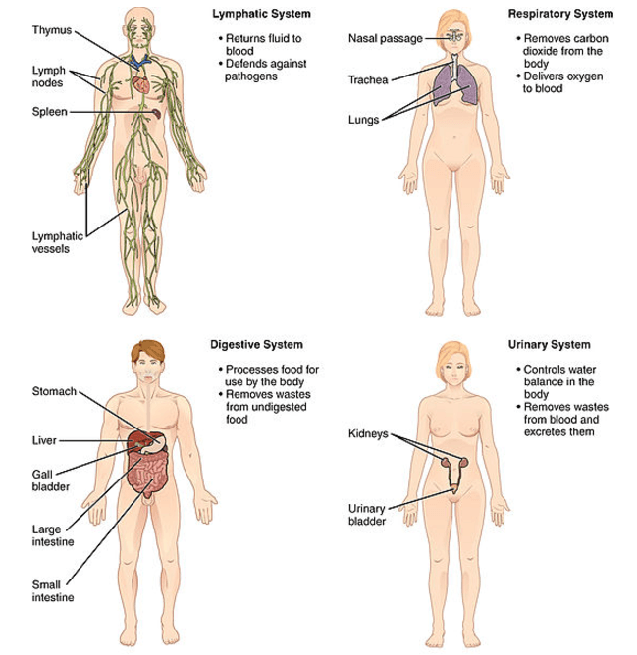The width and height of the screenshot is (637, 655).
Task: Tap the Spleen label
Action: tap(48, 113)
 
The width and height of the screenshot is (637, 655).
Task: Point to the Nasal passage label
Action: tap(385, 38)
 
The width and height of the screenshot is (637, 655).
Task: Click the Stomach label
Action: tap(53, 393)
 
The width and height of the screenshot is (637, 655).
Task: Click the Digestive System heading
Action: tap(257, 345)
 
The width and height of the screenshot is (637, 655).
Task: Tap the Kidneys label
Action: tap(367, 432)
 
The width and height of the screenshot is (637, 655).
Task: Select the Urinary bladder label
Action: tap(368, 515)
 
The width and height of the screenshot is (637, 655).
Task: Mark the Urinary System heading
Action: tap(550, 345)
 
